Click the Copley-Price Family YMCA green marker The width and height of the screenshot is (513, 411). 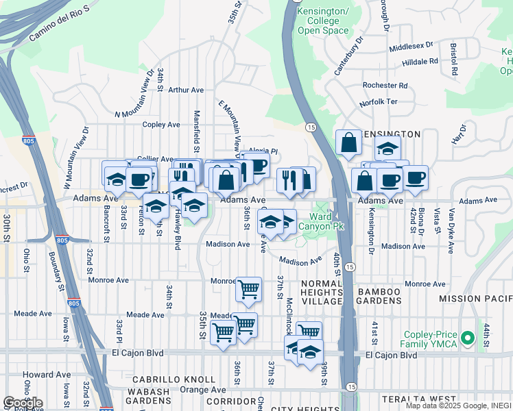(x=468, y=338)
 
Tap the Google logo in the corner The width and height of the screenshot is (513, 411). (x=23, y=403)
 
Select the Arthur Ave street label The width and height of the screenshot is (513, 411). (x=186, y=90)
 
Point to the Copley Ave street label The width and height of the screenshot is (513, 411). (x=160, y=125)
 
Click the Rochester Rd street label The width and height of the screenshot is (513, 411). (x=385, y=86)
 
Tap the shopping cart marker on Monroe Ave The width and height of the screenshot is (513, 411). (x=248, y=288)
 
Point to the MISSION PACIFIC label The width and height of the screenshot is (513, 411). (x=476, y=299)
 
